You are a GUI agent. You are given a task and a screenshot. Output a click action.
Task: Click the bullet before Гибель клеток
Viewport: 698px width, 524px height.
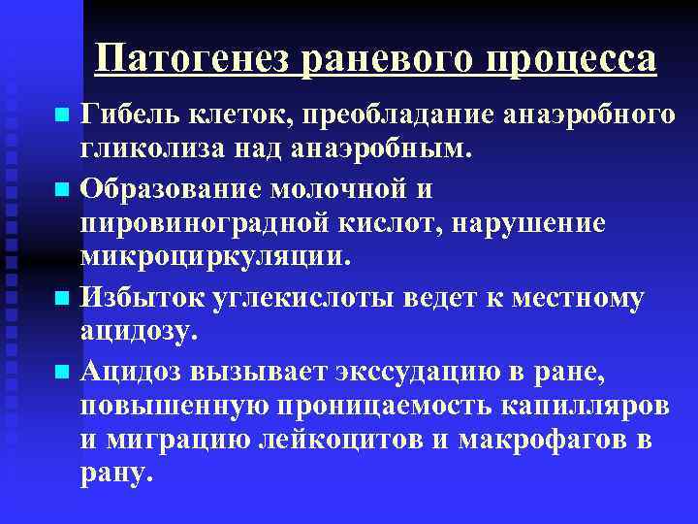(x=62, y=115)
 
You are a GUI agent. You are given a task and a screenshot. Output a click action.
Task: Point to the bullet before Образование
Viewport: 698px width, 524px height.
(x=62, y=189)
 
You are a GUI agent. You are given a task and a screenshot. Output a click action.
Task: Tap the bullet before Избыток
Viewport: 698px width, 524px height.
(x=62, y=297)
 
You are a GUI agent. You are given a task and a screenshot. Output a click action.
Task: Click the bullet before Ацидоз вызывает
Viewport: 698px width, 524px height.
(x=62, y=371)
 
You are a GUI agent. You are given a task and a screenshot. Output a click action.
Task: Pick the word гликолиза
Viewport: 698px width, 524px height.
(x=153, y=149)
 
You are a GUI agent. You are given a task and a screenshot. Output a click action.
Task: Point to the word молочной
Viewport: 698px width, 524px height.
(x=338, y=189)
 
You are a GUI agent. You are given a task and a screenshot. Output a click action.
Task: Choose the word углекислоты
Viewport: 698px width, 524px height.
(x=302, y=298)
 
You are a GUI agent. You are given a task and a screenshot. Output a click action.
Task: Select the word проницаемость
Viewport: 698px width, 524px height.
(x=384, y=407)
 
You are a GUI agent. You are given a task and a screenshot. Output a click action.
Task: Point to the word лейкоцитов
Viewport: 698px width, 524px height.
(x=341, y=441)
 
